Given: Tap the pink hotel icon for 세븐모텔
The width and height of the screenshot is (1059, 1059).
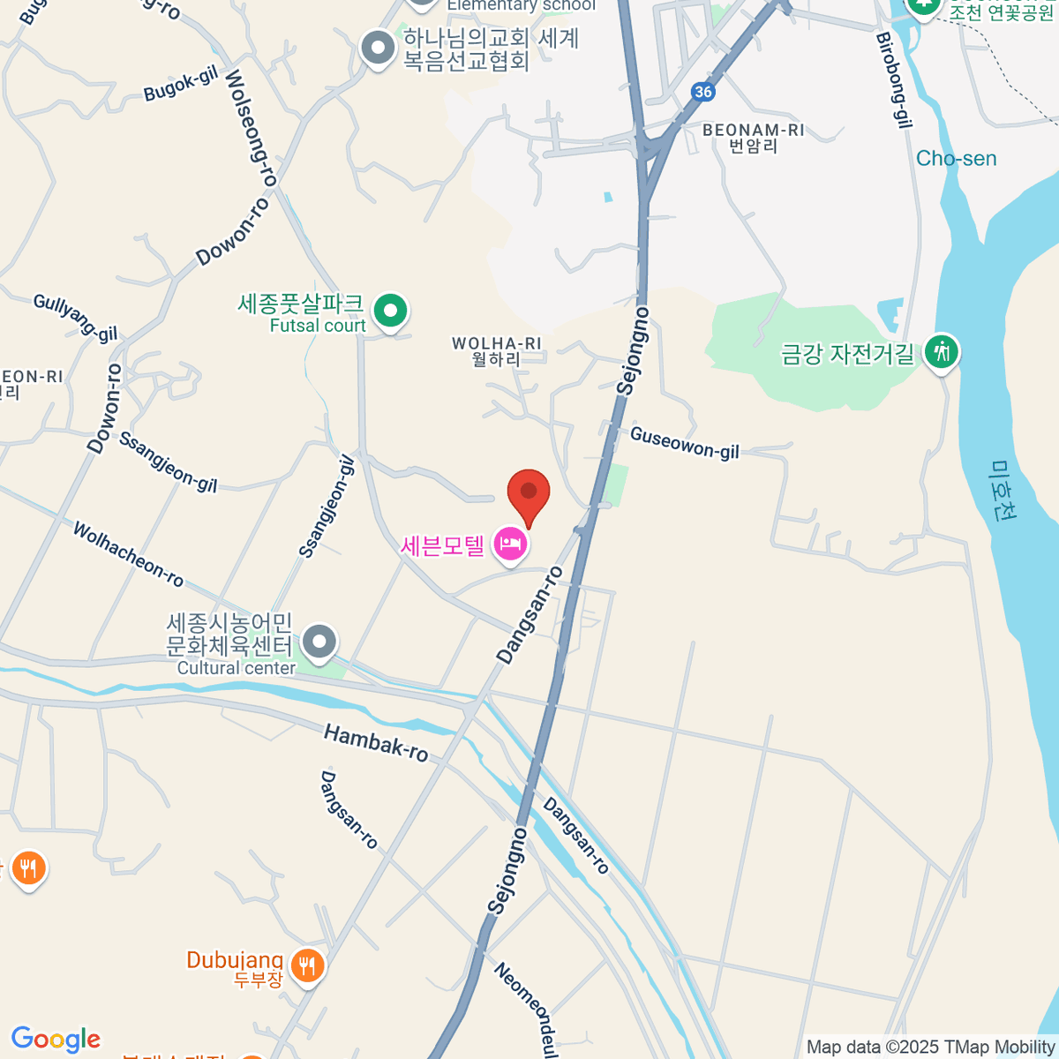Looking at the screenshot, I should (510, 545).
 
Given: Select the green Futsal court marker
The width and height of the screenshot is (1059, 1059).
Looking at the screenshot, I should (390, 311).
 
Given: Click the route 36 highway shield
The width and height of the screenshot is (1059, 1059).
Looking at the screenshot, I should (702, 92).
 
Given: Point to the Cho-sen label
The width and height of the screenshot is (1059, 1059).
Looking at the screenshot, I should (956, 159).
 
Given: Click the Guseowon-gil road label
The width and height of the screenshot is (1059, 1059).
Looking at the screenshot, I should (685, 443).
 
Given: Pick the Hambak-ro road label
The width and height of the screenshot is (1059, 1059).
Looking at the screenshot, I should (376, 741).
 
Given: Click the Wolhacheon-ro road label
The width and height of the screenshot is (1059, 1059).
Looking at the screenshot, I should (128, 554).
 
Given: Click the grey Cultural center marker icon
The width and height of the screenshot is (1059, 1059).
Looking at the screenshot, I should (319, 642).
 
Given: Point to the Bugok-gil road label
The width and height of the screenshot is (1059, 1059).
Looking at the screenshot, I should (181, 84).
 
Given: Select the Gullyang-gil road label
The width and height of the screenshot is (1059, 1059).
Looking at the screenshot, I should (75, 318).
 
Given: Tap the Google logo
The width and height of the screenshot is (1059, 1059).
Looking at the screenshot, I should (56, 1040).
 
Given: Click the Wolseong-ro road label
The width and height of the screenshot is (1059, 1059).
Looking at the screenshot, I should (252, 128).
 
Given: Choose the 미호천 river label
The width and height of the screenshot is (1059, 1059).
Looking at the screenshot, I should (1004, 491).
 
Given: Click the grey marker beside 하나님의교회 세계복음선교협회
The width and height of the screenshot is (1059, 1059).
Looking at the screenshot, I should (379, 49).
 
